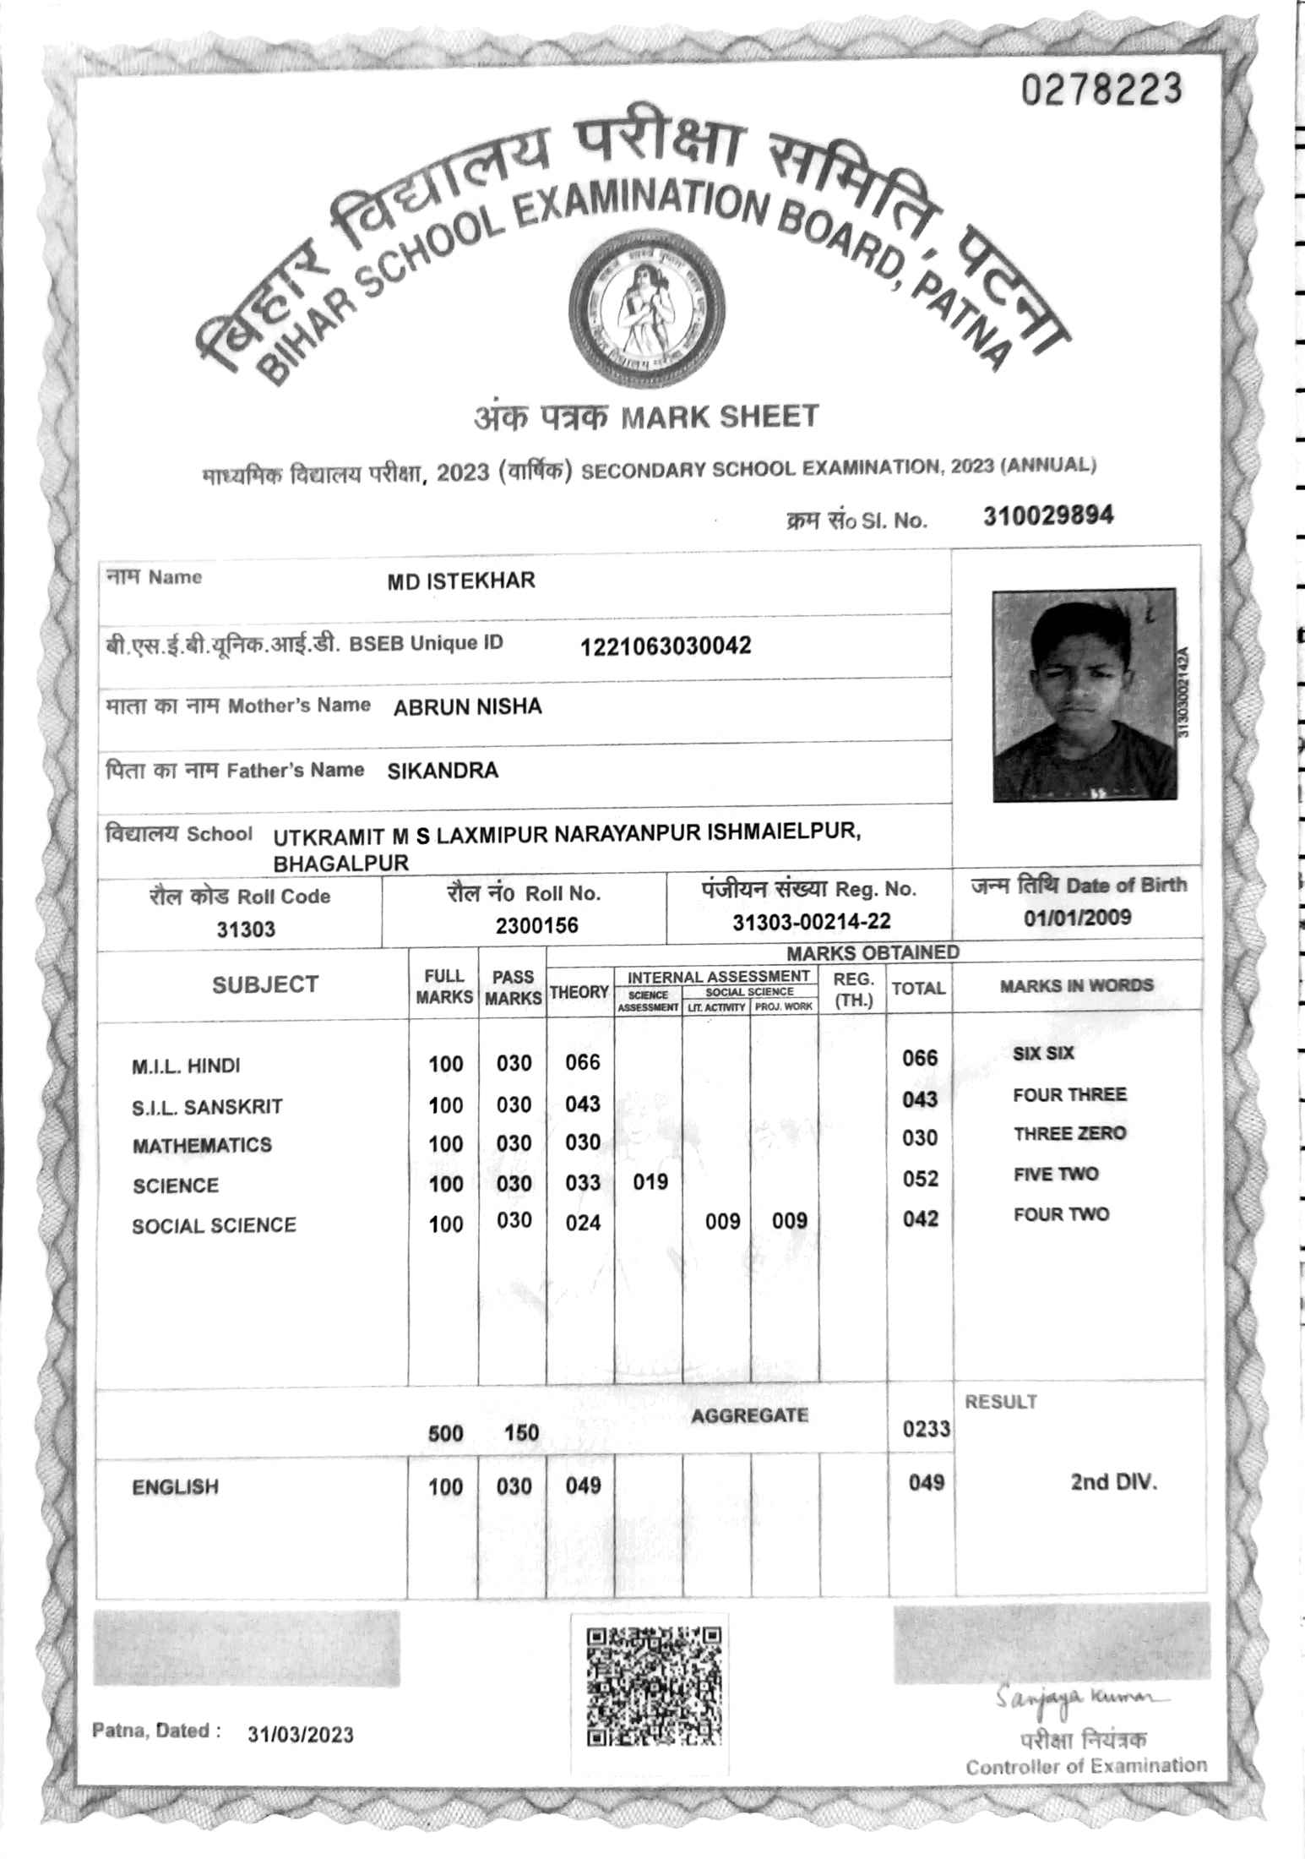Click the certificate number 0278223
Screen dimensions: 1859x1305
[1101, 88]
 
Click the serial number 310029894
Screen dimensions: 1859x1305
[1047, 515]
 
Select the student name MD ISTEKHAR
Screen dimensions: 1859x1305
[460, 581]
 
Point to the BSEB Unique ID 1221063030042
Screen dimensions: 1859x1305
[665, 647]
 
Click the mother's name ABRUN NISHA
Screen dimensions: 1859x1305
[467, 706]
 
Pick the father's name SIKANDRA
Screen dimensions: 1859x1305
[443, 771]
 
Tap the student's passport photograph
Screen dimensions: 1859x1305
[1084, 694]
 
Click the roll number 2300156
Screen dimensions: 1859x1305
[536, 925]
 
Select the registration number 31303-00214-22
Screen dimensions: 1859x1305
[811, 922]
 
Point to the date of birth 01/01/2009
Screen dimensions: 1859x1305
[1077, 918]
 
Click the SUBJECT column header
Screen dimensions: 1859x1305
[264, 984]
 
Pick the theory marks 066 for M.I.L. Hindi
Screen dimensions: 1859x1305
[583, 1062]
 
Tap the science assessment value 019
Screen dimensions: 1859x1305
[650, 1181]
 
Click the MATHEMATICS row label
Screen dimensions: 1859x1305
[202, 1145]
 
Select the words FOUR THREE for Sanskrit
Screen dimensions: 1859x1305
[1069, 1095]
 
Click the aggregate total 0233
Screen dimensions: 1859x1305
[926, 1429]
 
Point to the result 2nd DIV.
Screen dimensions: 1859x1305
[1113, 1481]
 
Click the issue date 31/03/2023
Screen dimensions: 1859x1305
[301, 1735]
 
